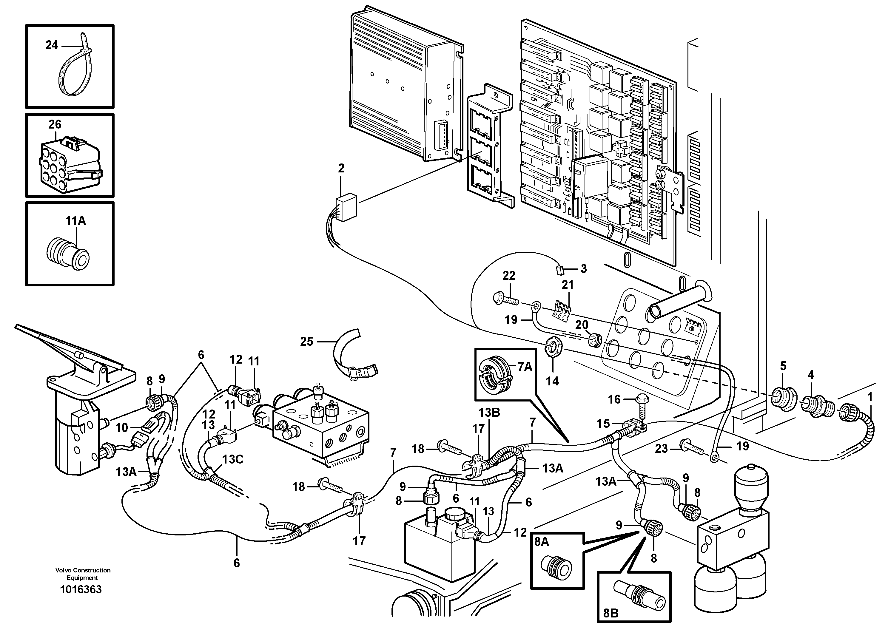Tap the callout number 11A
coord(75,221)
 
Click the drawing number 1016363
coord(81,589)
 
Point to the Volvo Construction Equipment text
coord(83,574)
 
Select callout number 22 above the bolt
coord(509,276)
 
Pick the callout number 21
coord(567,285)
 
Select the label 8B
coord(611,613)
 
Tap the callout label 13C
coord(232,459)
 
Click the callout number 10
coord(121,427)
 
